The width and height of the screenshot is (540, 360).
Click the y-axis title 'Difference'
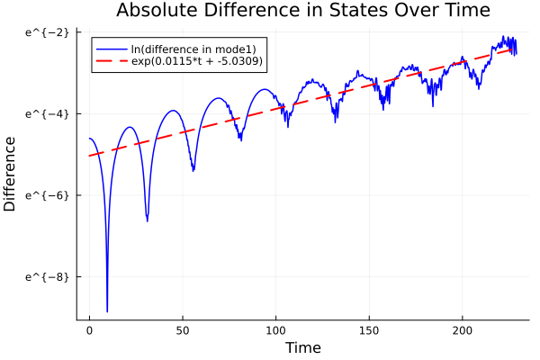10,174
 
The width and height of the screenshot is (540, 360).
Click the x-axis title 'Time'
302,347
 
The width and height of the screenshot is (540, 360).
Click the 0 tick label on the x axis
89,330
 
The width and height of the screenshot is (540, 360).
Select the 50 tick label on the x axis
182,330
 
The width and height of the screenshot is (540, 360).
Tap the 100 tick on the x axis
275,330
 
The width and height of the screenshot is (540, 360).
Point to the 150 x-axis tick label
369,330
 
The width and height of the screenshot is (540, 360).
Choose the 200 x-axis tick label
463,330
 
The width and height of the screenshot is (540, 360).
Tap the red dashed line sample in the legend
111,62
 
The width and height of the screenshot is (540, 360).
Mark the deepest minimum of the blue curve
107,311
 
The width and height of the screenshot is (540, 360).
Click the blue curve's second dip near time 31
147,220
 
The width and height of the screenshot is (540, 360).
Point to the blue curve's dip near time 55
193,169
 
